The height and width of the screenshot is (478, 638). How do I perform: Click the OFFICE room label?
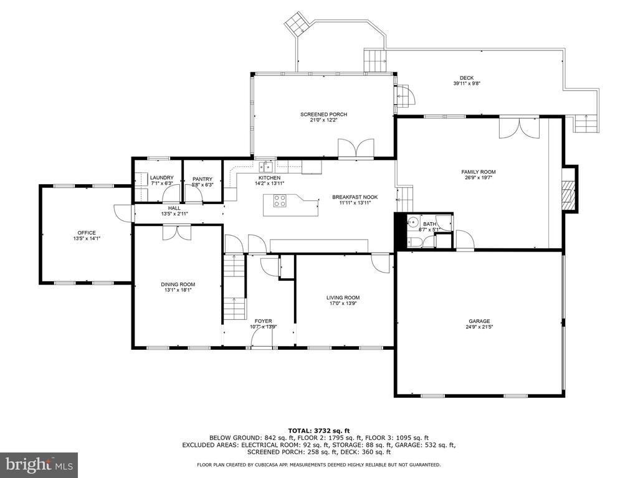(87, 233)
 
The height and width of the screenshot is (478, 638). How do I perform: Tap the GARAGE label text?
(479, 321)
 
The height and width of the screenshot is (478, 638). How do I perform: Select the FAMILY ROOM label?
(478, 172)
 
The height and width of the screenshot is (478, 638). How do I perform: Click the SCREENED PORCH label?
(324, 115)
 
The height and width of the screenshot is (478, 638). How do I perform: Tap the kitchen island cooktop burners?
(280, 201)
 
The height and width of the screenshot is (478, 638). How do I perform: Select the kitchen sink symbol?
(265, 166)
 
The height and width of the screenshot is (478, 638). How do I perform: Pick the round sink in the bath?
(413, 222)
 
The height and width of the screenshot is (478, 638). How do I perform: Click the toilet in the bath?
(414, 243)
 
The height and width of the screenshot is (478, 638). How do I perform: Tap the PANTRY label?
(202, 179)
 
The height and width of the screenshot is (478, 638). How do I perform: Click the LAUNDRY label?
(162, 177)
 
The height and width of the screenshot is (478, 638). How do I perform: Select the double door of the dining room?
(177, 233)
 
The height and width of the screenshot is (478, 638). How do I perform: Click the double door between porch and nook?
(356, 148)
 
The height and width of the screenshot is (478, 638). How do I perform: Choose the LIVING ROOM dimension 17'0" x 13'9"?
(343, 303)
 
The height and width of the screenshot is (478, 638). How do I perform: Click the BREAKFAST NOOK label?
(355, 197)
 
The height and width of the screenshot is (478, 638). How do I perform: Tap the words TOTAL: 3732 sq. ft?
(319, 431)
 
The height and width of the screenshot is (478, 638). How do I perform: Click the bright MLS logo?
(39, 464)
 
